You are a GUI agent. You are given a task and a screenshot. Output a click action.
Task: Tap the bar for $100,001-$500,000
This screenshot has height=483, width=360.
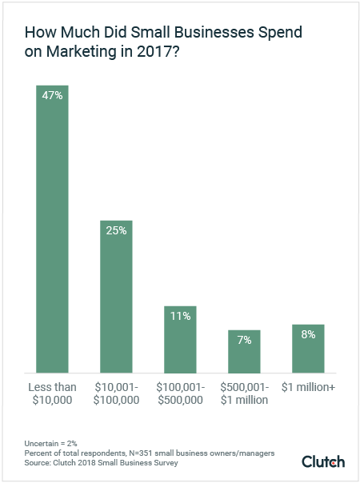(x=180, y=339)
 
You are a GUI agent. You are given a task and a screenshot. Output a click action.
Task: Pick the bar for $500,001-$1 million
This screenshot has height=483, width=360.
(x=244, y=351)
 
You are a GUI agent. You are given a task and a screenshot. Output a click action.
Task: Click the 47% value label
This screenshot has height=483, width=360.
(x=52, y=95)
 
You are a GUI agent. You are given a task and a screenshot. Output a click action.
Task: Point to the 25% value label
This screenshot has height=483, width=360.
(x=116, y=230)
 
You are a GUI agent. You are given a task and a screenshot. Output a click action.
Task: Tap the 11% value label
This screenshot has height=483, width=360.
(x=180, y=316)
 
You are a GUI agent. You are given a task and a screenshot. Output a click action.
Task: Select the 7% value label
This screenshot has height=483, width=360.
(x=244, y=340)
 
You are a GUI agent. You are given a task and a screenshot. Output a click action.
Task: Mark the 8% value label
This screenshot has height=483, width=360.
(x=308, y=335)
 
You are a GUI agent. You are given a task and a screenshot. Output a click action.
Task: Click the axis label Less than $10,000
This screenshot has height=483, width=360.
(x=52, y=393)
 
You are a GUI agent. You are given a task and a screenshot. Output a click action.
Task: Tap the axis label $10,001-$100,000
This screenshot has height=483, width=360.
(x=116, y=393)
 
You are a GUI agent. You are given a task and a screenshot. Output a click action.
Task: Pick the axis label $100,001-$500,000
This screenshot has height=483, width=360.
(x=180, y=393)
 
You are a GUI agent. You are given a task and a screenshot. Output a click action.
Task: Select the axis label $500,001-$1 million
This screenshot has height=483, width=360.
(x=244, y=393)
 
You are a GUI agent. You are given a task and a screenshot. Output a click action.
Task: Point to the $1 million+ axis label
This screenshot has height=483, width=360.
(x=308, y=387)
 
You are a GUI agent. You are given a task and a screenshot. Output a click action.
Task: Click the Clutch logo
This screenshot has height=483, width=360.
(x=323, y=461)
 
